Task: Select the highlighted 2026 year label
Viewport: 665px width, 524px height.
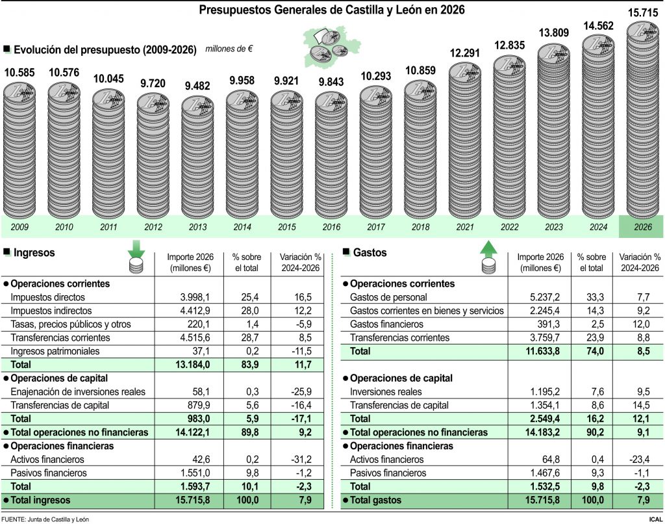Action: [x=642, y=227]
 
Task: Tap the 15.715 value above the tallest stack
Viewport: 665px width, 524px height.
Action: [x=643, y=12]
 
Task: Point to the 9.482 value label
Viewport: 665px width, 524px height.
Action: [x=197, y=85]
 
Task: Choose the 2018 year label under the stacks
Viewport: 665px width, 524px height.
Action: [x=420, y=227]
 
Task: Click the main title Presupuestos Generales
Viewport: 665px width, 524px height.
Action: [x=332, y=10]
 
